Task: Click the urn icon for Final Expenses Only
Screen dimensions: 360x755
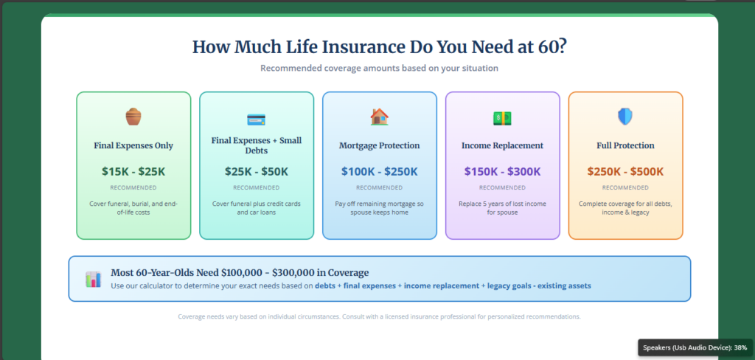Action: click(x=133, y=117)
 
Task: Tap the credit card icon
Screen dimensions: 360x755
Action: click(x=256, y=119)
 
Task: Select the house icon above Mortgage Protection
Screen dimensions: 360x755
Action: click(x=379, y=117)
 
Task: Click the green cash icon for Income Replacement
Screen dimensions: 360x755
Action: click(x=502, y=117)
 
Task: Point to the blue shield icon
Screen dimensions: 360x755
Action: click(x=624, y=117)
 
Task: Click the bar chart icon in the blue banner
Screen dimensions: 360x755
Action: click(x=93, y=279)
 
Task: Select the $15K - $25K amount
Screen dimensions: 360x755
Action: click(x=133, y=171)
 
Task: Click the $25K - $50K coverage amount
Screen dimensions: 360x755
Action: click(x=256, y=171)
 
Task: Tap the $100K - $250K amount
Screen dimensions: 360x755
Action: click(x=379, y=171)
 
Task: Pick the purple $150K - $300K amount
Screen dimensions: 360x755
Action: click(x=502, y=171)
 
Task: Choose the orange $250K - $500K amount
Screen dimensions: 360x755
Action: click(x=625, y=171)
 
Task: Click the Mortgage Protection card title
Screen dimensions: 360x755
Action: click(x=379, y=145)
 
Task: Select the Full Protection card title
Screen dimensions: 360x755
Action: click(x=625, y=145)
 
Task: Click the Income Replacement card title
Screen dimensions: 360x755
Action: click(x=502, y=145)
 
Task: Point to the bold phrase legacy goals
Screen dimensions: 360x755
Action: click(x=511, y=285)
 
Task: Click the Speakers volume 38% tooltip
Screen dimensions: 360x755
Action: click(x=695, y=347)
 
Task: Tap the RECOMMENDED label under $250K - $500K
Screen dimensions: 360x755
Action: click(x=625, y=187)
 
